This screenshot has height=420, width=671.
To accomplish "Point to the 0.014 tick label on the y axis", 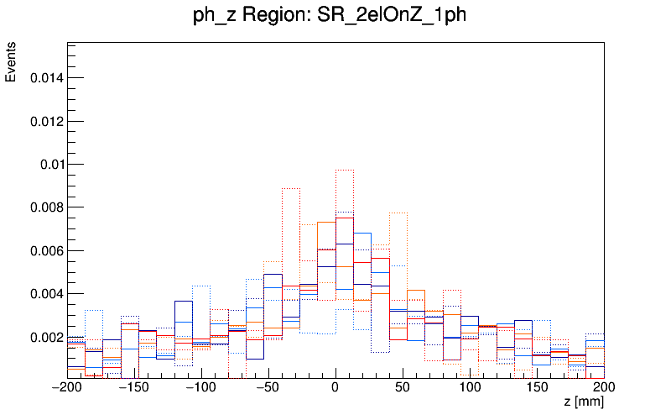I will click(46, 78).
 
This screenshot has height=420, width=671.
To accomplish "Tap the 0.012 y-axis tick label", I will click(46, 121).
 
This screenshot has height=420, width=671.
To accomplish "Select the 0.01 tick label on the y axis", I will click(51, 165).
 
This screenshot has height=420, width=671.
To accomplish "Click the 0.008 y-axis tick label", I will click(46, 207).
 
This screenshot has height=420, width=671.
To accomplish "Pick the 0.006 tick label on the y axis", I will click(46, 251).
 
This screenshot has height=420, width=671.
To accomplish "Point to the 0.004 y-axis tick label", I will click(46, 294).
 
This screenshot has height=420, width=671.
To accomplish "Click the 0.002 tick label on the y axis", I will click(46, 338).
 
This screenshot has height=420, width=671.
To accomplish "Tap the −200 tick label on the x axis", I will click(67, 387).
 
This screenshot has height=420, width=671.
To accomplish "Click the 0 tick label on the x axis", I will click(335, 387).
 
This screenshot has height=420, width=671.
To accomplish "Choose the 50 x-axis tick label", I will click(403, 387).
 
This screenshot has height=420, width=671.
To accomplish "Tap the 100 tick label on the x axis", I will click(470, 387).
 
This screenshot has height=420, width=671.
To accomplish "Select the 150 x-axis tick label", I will click(537, 387).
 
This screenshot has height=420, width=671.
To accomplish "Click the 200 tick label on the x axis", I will click(604, 387).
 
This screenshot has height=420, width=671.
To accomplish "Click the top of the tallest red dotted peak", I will click(344, 171).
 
